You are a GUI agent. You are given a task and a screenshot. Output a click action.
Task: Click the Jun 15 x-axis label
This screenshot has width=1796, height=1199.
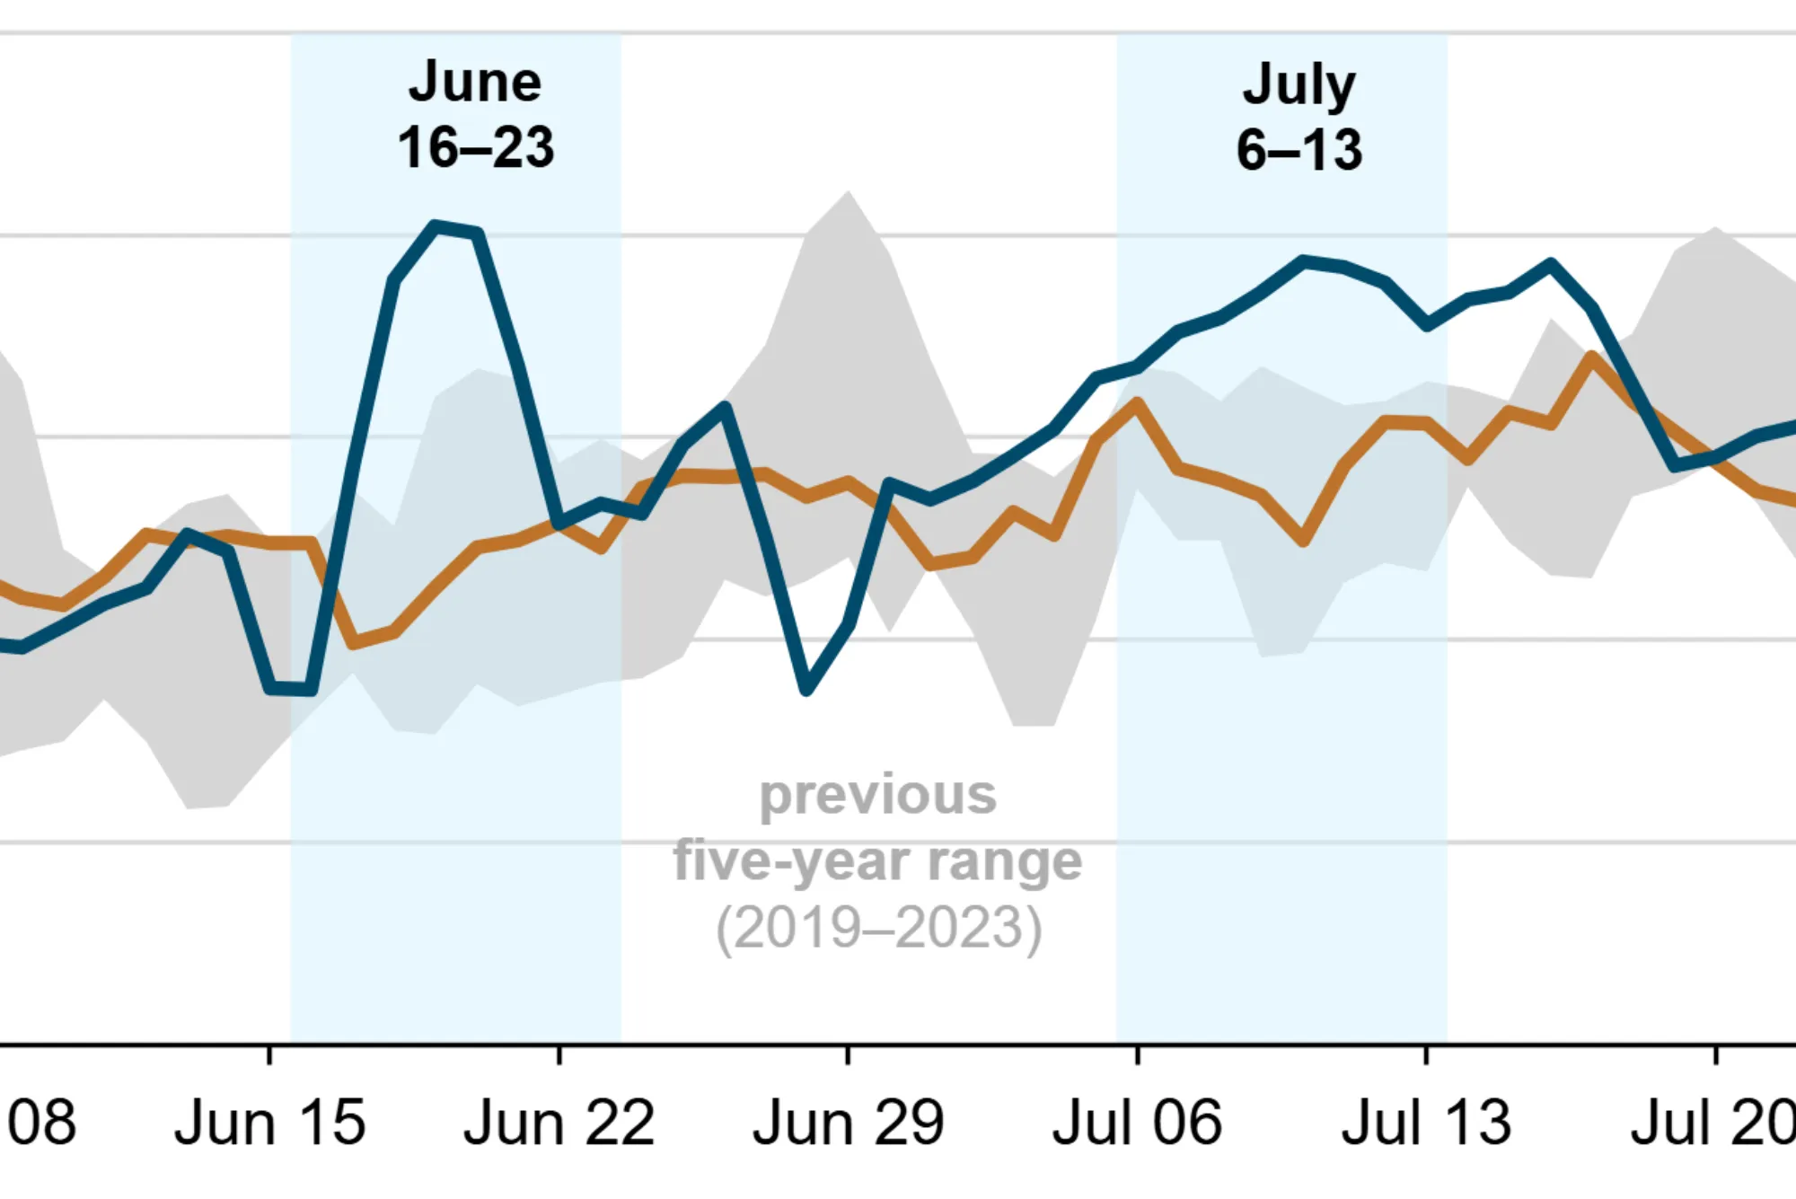click(269, 1123)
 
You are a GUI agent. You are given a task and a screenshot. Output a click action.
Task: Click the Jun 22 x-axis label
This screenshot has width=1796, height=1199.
click(559, 1123)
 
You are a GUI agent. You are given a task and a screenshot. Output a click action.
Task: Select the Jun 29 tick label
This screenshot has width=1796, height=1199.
click(848, 1123)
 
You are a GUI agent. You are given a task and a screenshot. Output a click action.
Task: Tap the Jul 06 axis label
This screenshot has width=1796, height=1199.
click(1137, 1123)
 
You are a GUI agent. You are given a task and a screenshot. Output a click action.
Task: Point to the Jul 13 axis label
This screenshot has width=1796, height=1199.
click(1426, 1123)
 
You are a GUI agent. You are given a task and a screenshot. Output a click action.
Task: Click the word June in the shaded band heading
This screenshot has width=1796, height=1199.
click(475, 83)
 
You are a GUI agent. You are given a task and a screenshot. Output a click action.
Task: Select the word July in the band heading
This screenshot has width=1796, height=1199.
click(1299, 85)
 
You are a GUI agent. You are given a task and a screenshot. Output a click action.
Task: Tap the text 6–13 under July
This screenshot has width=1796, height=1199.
click(1299, 150)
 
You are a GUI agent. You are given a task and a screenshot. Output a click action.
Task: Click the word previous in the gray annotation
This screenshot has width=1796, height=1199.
click(877, 796)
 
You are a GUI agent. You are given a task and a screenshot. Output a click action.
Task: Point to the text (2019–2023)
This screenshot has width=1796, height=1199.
click(877, 928)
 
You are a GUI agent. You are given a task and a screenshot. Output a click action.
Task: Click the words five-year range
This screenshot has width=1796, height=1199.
click(877, 861)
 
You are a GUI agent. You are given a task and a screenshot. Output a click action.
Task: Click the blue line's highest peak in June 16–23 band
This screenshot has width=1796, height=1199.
click(436, 225)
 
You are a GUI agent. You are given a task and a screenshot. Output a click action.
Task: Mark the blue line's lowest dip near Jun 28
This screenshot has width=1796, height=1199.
click(806, 691)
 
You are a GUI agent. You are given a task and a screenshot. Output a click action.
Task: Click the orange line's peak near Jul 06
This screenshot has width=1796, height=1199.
click(1137, 403)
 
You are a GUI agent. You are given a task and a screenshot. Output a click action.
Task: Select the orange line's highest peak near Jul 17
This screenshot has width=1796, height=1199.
click(1592, 357)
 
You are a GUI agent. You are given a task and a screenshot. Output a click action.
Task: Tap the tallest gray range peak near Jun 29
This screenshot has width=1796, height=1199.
click(848, 193)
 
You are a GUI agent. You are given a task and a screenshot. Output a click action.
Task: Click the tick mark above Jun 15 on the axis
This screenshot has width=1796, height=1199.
click(269, 1054)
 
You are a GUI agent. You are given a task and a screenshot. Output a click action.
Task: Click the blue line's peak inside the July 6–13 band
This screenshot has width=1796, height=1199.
click(1304, 261)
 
